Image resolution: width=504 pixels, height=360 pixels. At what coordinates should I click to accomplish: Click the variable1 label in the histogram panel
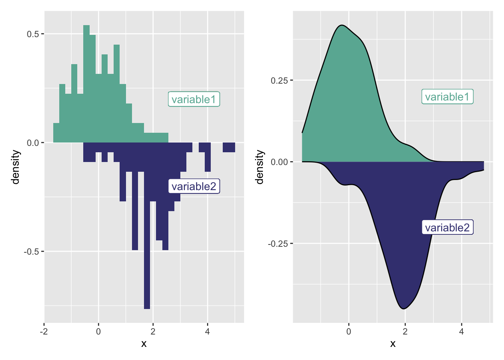point(193,99)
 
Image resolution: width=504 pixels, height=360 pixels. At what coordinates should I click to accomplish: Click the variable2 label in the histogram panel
point(193,186)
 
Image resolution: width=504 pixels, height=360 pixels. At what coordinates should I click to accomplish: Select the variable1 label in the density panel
point(447,97)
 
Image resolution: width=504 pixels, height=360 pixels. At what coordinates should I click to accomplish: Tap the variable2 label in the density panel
point(447,228)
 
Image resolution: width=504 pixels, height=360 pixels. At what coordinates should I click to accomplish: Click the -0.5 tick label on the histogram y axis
point(31,252)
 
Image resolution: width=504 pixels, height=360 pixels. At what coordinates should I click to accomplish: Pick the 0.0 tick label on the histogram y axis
point(33,143)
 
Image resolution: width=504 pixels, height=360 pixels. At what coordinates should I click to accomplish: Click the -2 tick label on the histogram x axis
point(44,331)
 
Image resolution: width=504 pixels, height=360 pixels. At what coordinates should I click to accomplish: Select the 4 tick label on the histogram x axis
point(207,331)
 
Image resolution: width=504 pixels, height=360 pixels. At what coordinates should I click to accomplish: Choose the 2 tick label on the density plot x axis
point(405,331)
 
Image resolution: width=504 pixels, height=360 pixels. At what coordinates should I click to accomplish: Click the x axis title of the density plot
point(393,343)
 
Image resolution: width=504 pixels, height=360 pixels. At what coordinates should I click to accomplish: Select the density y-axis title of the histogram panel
point(15,167)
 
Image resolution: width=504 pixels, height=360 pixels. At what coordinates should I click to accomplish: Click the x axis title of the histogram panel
point(144,343)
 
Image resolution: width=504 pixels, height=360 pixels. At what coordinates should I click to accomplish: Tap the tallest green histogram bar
point(86,82)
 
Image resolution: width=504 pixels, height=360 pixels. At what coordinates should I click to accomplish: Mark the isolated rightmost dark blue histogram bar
point(229,147)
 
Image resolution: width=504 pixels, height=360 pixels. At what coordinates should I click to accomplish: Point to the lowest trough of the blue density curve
point(403,308)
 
